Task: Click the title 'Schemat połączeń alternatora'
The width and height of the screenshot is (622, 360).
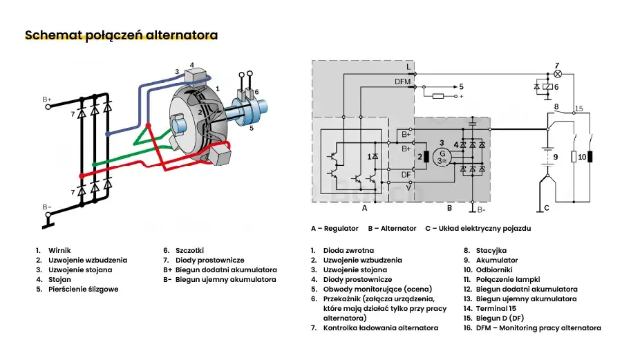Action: [121, 35]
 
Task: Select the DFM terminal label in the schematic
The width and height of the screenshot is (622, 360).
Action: [404, 82]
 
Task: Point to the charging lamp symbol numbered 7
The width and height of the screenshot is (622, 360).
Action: [557, 73]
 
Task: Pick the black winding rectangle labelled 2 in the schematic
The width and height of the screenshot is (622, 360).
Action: [427, 157]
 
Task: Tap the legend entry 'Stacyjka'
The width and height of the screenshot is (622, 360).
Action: [491, 250]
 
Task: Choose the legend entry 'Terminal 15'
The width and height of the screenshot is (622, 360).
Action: [496, 308]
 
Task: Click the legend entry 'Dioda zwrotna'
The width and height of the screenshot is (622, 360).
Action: [348, 250]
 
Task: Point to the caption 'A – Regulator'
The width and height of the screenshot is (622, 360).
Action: [334, 228]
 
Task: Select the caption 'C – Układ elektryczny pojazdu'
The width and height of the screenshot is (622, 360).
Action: [478, 228]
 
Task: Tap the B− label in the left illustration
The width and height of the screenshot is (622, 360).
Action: [46, 207]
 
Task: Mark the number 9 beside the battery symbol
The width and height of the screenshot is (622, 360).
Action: [555, 157]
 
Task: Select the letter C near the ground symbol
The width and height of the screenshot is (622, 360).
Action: [547, 208]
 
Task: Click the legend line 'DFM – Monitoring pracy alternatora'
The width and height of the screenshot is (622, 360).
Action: [538, 328]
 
